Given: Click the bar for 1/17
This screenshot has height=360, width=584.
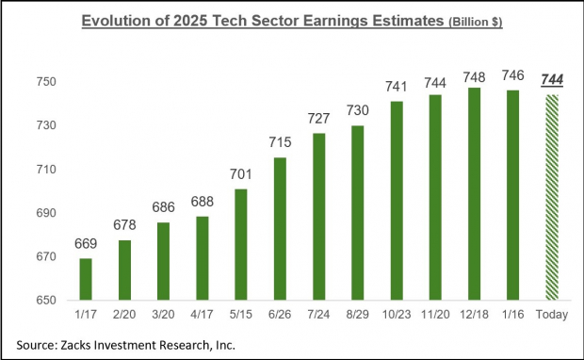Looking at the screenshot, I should pos(86,279).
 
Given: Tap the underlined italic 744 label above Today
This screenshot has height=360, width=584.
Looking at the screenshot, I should pos(551,81).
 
